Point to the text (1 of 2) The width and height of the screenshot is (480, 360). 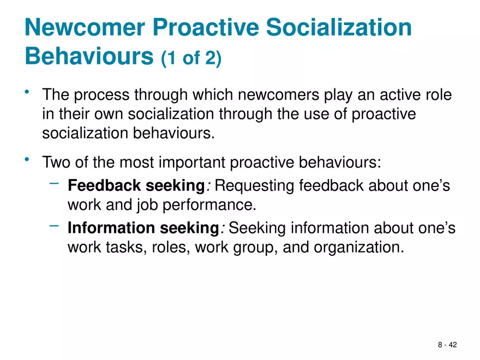(191, 58)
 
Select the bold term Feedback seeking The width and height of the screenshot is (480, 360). (135, 186)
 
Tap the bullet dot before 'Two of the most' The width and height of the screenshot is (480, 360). (27, 159)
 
